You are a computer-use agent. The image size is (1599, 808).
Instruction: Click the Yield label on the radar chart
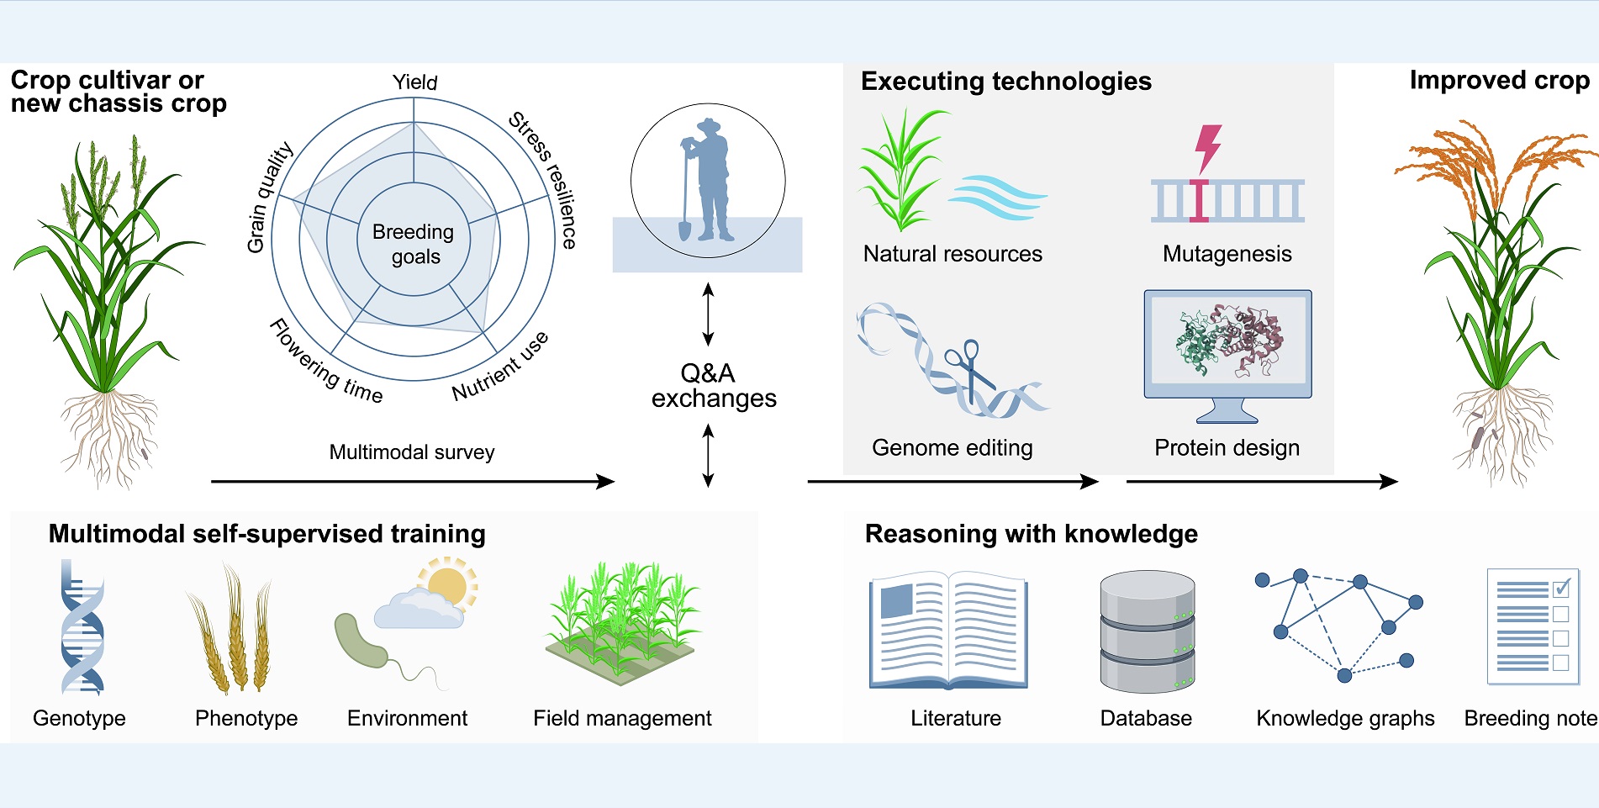(414, 82)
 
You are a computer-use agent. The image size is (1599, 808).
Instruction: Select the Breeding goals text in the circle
(414, 244)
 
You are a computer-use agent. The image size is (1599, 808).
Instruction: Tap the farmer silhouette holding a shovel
(707, 181)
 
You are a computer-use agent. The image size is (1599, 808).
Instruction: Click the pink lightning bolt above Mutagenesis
(1209, 148)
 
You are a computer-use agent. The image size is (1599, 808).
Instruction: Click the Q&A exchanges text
(712, 385)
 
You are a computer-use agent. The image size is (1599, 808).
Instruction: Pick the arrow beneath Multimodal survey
(412, 481)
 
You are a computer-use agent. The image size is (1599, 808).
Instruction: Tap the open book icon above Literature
(948, 631)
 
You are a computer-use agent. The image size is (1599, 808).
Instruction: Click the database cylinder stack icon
(1147, 631)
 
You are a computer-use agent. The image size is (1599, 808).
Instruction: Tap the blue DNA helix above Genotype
(82, 629)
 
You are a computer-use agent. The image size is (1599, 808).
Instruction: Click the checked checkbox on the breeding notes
(1560, 588)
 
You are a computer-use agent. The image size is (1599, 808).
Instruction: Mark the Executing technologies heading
(1005, 81)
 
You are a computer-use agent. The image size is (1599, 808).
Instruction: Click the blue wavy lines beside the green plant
(996, 197)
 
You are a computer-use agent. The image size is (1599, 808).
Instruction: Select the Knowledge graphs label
(1344, 718)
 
